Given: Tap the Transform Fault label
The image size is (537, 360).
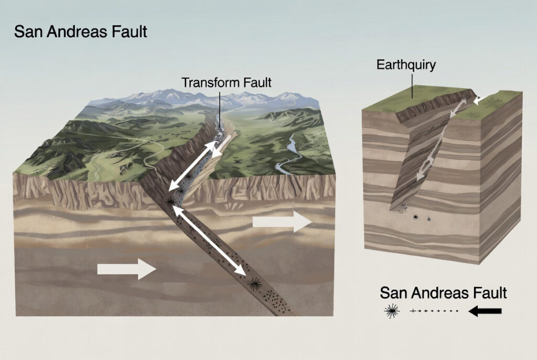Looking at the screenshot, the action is click(226, 82).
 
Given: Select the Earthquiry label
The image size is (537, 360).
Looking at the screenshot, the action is click(406, 65).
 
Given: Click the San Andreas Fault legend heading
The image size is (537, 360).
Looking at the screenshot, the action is click(443, 293).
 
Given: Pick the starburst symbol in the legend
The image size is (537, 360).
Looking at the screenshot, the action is click(392, 311).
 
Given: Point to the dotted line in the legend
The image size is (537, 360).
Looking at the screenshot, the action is click(434, 311).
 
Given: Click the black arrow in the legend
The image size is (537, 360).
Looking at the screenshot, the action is click(485, 311).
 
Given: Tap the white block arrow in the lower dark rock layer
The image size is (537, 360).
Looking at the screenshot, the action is click(127, 269).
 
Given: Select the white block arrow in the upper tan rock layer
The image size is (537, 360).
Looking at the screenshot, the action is click(282, 222).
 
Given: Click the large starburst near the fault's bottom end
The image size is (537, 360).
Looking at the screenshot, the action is click(254, 284).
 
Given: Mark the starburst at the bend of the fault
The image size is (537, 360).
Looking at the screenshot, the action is click(170, 202).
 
